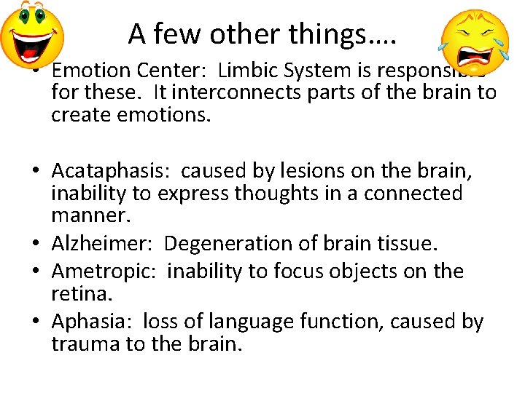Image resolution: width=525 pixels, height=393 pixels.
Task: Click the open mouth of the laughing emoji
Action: (x=29, y=50)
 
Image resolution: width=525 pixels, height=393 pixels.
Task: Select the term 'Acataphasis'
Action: (x=109, y=171)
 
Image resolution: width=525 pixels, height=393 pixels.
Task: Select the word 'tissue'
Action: (x=404, y=243)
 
